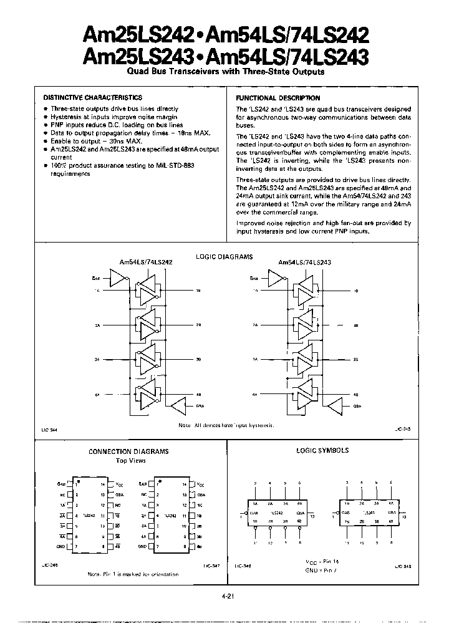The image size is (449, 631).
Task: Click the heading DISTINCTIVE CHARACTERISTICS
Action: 92,98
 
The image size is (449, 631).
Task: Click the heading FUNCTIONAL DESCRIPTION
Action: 278,98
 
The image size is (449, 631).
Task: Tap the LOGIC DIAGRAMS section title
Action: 224,256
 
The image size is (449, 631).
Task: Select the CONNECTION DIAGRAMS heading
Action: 128,451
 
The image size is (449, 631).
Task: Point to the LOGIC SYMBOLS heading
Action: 322,450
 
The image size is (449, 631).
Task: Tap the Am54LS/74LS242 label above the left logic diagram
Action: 147,263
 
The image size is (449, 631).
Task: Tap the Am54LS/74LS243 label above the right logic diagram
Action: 304,263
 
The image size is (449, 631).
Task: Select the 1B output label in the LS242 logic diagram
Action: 198,291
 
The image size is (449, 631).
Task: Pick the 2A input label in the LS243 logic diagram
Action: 256,325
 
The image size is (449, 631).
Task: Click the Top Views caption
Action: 131,460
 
